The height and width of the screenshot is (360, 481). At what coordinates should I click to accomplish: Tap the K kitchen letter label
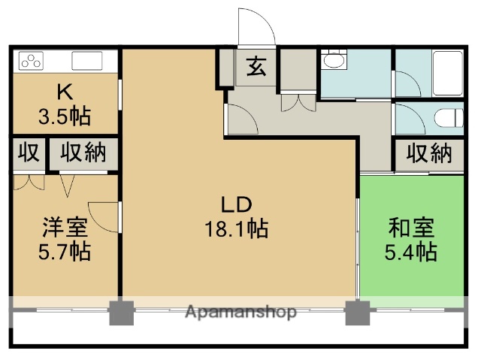tap(64, 93)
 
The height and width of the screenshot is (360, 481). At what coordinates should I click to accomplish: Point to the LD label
tap(235, 204)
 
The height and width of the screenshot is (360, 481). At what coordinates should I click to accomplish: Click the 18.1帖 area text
tap(235, 228)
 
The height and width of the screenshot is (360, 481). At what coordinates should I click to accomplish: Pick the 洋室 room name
tap(64, 227)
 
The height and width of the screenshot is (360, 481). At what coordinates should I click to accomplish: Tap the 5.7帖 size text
tap(64, 251)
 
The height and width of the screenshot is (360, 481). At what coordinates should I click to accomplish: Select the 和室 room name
tap(410, 227)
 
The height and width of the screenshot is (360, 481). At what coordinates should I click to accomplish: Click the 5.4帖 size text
tap(410, 251)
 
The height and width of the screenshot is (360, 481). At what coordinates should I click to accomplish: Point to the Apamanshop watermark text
tap(240, 311)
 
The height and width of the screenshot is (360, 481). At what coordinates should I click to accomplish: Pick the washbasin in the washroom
tap(332, 61)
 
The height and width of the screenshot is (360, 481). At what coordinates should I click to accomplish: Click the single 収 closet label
tap(28, 153)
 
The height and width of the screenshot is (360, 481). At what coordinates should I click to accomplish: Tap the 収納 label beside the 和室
tap(429, 153)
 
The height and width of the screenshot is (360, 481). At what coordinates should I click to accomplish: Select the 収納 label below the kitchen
tap(83, 153)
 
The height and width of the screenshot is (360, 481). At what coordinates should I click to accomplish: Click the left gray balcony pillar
tap(120, 312)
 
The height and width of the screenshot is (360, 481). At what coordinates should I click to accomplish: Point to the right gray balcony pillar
tap(358, 312)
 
